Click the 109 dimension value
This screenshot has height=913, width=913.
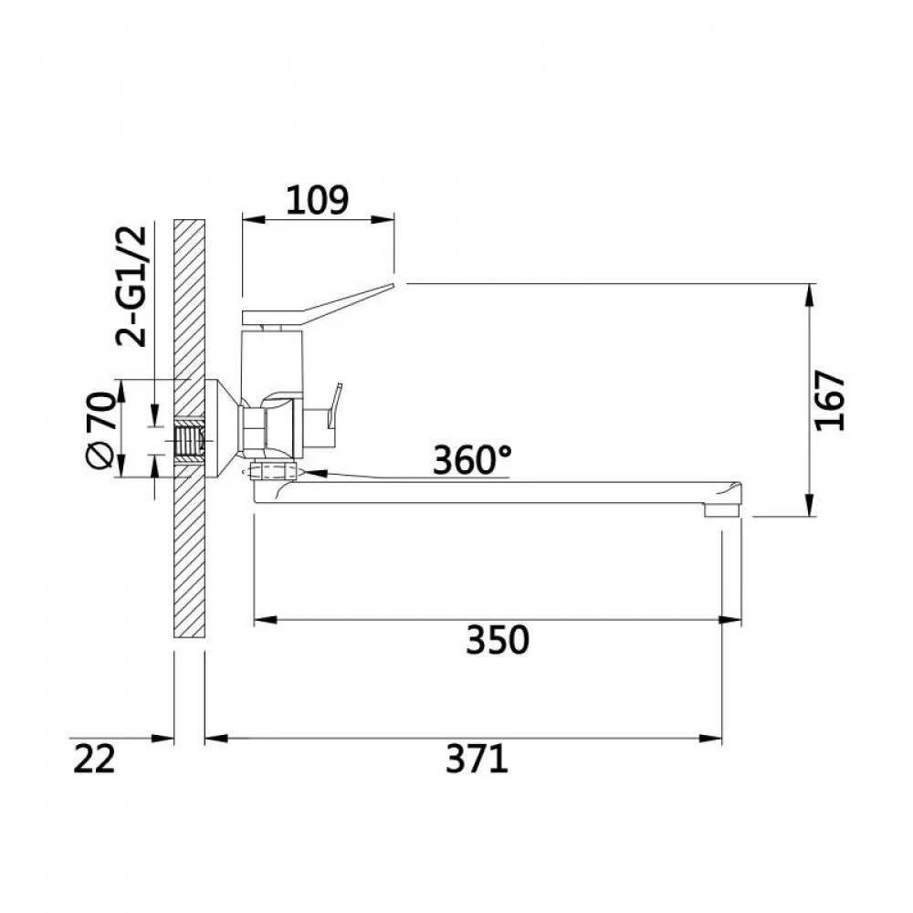point(318,200)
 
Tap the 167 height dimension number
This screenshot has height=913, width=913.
point(830,400)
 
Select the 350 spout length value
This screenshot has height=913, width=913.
point(498,639)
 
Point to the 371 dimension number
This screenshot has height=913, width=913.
point(477,760)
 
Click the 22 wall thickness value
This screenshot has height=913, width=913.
point(94,760)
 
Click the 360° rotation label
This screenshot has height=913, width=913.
point(472,459)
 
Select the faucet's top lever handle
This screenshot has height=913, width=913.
point(318,303)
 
